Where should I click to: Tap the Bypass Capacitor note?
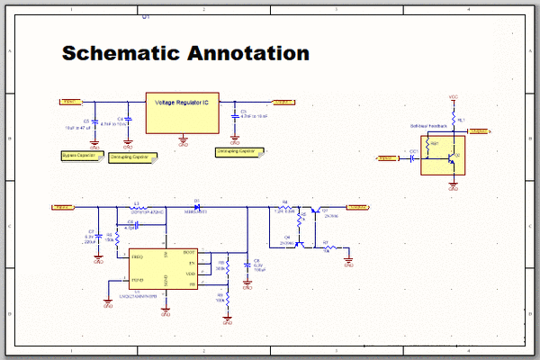click(78, 156)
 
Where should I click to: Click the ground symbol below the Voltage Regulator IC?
click(184, 139)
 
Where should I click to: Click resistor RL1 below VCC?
click(454, 120)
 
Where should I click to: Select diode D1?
click(197, 208)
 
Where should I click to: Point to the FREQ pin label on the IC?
click(137, 257)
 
